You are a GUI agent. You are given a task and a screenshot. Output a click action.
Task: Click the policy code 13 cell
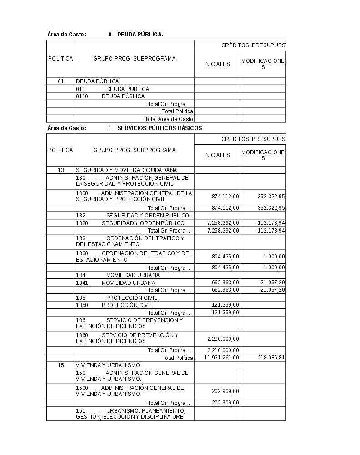click(x=60, y=170)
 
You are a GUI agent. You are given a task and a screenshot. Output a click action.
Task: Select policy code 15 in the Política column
click(x=60, y=365)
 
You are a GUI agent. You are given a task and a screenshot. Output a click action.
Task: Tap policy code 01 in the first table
click(x=60, y=81)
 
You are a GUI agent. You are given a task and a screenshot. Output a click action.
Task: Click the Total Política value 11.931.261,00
click(x=221, y=358)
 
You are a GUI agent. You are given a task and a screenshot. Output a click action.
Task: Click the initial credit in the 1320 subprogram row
click(x=223, y=223)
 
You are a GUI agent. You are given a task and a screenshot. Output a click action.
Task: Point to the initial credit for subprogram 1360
click(x=223, y=339)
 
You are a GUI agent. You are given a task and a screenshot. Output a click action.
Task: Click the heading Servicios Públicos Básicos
click(x=160, y=128)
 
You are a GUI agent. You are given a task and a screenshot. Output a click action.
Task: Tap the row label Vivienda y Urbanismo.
click(x=109, y=365)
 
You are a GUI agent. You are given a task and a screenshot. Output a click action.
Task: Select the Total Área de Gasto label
click(x=169, y=119)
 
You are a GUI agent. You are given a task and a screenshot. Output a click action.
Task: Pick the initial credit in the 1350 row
click(x=225, y=305)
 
